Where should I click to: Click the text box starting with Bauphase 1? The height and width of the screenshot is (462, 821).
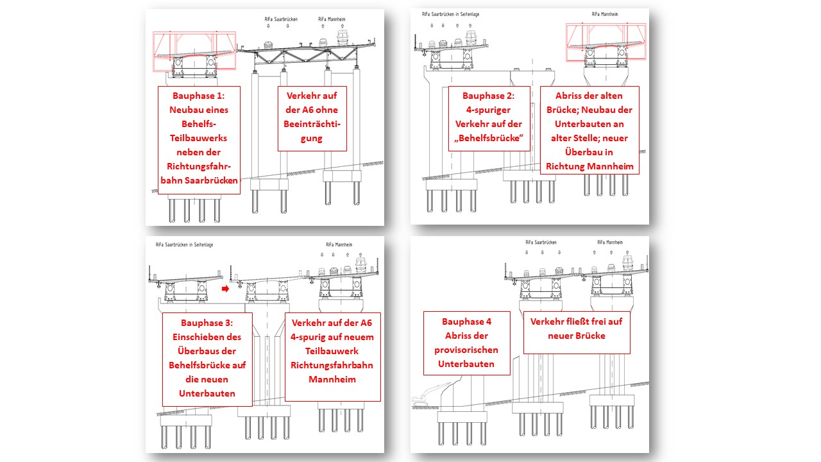click(199, 140)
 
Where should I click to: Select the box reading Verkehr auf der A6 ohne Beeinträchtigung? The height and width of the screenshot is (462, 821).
click(312, 119)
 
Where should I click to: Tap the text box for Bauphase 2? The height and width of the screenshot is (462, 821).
click(489, 119)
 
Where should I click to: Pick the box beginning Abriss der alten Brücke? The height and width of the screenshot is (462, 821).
click(589, 130)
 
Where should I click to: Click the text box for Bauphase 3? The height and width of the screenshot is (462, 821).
click(207, 359)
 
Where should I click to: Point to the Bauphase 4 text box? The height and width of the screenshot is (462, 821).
click(467, 343)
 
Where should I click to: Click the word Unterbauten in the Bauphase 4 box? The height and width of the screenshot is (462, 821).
click(467, 364)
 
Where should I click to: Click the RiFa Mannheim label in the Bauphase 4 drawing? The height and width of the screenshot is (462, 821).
click(610, 243)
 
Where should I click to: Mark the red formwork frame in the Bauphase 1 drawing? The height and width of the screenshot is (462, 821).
click(194, 51)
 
